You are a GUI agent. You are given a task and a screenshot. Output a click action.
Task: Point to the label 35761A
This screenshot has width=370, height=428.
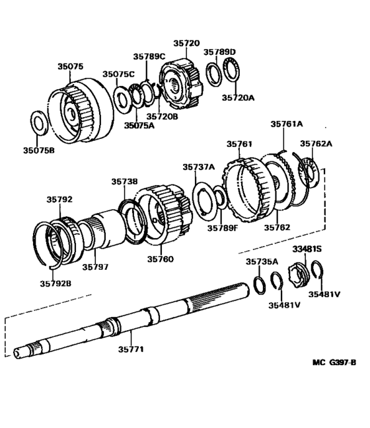point(286,124)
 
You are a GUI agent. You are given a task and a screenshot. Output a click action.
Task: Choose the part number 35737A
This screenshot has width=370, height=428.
point(199,167)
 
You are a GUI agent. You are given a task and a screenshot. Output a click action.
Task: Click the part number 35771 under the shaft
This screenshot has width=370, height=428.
point(131,348)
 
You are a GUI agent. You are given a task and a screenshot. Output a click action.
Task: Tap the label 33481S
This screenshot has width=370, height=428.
point(307,249)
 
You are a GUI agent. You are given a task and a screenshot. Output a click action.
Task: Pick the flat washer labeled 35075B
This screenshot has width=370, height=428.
point(39,122)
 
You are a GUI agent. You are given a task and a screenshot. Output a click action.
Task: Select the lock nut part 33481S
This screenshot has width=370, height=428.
point(299,273)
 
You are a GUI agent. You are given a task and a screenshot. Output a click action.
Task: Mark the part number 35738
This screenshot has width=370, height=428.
point(124,181)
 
